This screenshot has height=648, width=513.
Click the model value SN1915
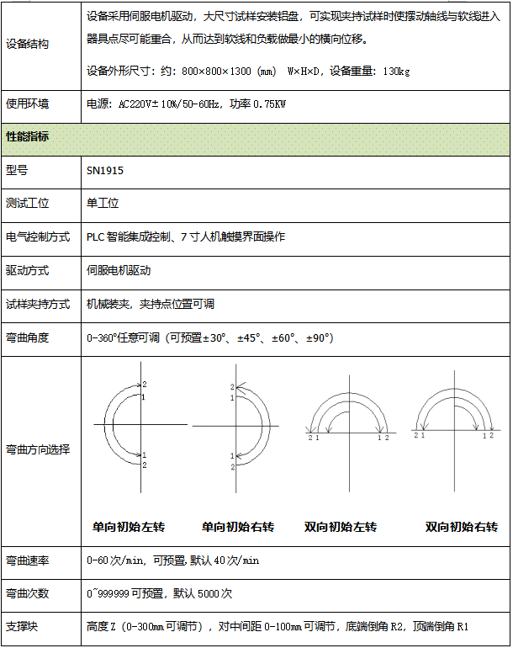point(105,170)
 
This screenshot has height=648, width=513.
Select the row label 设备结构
point(27,44)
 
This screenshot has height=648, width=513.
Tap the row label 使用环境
point(27,104)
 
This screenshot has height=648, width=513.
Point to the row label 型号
point(17,170)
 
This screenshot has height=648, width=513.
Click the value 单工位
point(103,203)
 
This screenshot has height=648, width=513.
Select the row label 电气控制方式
point(38,236)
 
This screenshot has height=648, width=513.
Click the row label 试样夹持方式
point(38,304)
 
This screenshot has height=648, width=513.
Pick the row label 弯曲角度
point(27,337)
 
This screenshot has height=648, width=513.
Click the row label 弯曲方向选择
point(38,449)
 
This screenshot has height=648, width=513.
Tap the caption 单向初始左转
point(129,528)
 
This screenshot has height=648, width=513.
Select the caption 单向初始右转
point(238,528)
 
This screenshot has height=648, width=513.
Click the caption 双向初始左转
point(341,528)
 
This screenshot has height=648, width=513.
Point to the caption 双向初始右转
point(462,528)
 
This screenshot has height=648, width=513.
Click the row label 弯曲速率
point(27,560)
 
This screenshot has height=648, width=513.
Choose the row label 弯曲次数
point(27,593)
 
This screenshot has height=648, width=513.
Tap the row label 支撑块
point(22,627)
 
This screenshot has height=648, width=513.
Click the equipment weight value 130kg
point(395,71)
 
